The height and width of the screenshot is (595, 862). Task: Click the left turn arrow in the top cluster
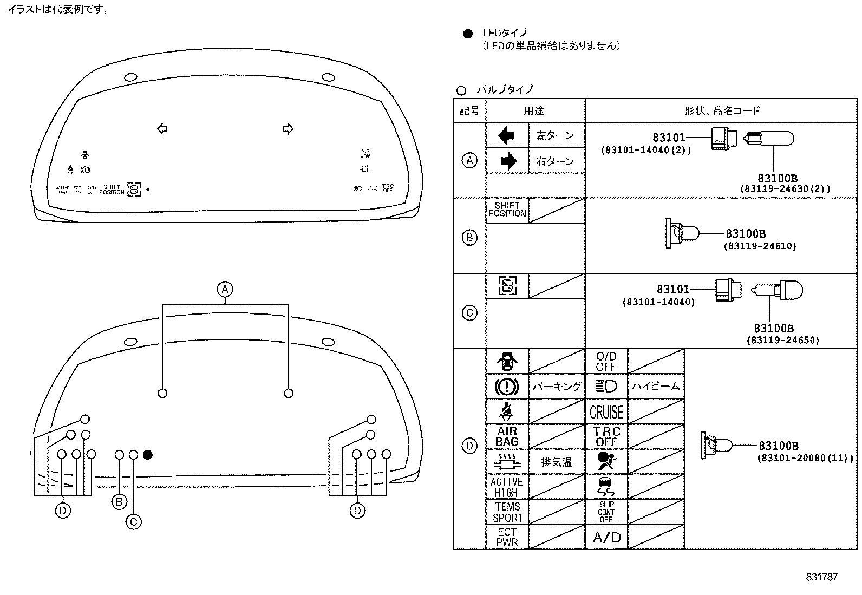click(162, 129)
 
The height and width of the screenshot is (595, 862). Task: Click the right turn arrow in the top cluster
click(288, 129)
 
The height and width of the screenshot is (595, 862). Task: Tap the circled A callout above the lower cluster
click(225, 289)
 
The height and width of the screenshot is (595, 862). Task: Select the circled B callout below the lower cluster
click(119, 501)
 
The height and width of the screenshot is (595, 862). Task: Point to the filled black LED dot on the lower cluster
click(148, 454)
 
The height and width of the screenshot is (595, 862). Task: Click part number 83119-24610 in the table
click(760, 246)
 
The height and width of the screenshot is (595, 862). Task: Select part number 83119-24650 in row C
click(782, 340)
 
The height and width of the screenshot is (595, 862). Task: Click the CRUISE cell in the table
click(606, 412)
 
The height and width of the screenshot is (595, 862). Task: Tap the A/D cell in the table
click(606, 538)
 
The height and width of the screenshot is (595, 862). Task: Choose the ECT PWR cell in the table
click(507, 537)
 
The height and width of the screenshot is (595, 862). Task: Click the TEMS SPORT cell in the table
click(507, 512)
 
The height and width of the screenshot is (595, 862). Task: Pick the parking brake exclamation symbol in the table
click(507, 387)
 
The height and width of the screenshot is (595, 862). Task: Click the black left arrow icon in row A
click(507, 135)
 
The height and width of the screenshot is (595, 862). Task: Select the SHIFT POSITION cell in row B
click(507, 210)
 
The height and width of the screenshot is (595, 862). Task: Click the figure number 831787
click(821, 577)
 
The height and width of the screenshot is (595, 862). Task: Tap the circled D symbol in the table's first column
click(469, 446)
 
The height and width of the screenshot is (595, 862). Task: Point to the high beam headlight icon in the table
click(606, 386)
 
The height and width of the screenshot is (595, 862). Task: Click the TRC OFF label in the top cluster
click(388, 188)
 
